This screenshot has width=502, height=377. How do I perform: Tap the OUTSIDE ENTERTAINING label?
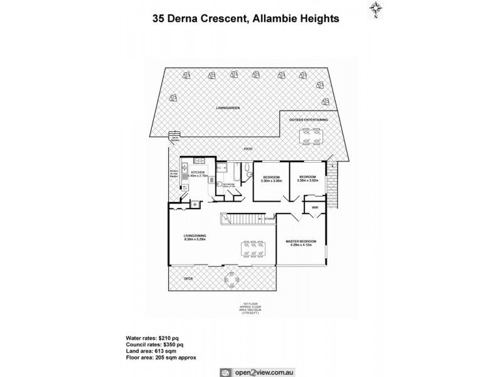click(x=307, y=119)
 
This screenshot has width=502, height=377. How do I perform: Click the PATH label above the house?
click(x=249, y=149)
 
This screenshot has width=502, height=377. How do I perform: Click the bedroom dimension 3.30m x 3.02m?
click(x=308, y=181)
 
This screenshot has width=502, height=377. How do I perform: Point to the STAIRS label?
click(x=270, y=219)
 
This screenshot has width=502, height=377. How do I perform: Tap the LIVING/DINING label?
click(x=195, y=235)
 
